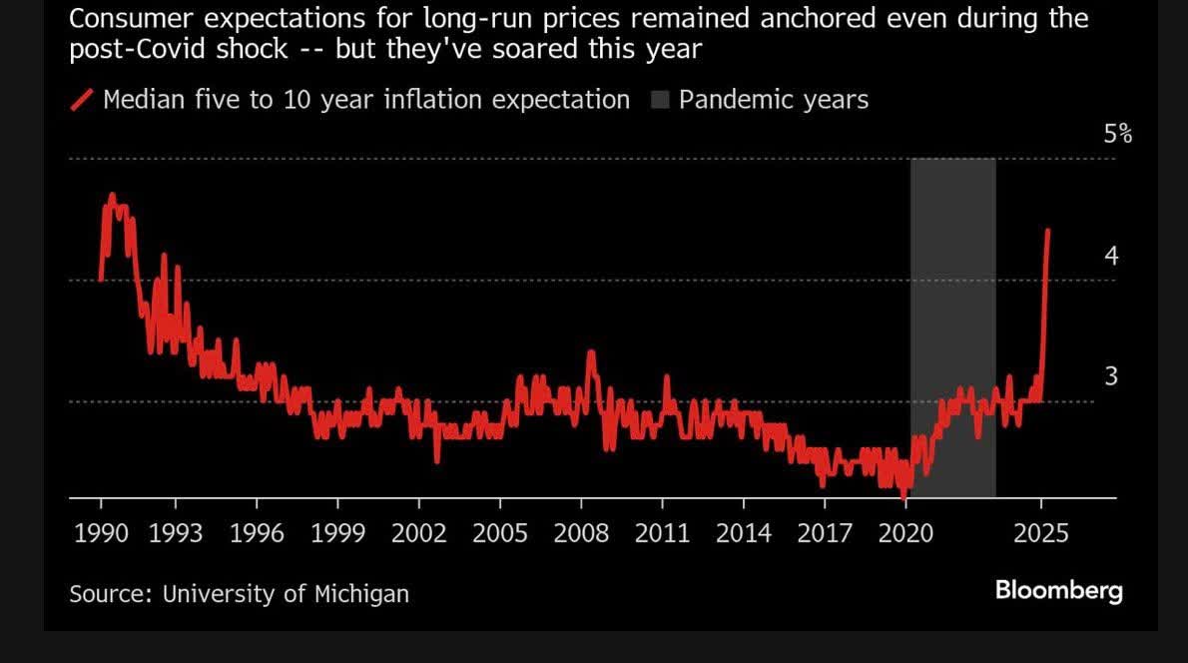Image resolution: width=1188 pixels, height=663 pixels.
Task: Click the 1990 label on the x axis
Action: click(x=101, y=533)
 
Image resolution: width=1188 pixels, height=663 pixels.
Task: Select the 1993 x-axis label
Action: click(x=175, y=533)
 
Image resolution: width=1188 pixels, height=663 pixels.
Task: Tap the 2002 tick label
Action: click(x=418, y=533)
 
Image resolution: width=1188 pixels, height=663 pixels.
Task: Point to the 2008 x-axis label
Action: click(x=581, y=533)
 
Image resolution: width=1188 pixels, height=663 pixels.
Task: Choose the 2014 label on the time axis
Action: click(x=744, y=533)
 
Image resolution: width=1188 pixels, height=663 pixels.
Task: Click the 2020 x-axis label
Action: click(x=905, y=533)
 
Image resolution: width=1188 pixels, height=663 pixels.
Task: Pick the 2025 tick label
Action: click(x=1041, y=533)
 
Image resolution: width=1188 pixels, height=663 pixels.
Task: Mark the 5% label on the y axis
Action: click(x=1118, y=134)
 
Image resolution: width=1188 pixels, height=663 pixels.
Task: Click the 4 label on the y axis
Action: click(x=1111, y=256)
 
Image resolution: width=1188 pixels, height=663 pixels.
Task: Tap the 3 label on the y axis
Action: click(x=1111, y=376)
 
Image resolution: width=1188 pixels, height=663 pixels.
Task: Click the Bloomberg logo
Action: click(x=1058, y=590)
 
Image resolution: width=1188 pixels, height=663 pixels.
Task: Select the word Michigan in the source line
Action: click(x=362, y=593)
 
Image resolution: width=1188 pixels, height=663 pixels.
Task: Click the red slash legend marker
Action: click(x=83, y=100)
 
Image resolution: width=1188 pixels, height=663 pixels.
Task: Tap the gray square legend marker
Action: click(x=661, y=100)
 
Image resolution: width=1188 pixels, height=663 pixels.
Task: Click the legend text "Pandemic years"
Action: click(x=774, y=100)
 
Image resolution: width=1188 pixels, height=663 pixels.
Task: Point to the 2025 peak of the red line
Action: click(x=1047, y=230)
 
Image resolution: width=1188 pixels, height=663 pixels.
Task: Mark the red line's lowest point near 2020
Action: click(x=903, y=495)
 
